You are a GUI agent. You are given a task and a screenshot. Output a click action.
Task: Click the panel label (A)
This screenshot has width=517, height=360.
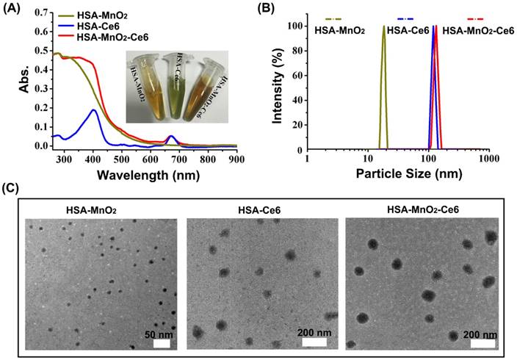click(x=12, y=10)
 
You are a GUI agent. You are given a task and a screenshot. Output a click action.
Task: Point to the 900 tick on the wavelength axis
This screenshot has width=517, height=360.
click(x=236, y=159)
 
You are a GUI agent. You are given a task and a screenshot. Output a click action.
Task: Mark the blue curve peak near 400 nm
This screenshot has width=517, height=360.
click(x=93, y=110)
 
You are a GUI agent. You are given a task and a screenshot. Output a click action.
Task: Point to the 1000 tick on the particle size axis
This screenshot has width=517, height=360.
click(x=487, y=159)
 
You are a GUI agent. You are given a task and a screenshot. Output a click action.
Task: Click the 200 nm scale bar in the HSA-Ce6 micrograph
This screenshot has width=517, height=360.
click(x=314, y=342)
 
